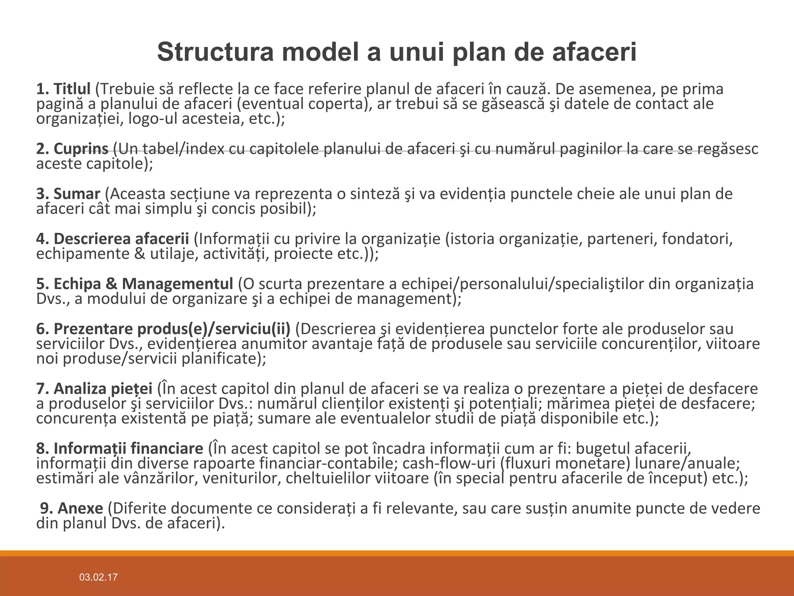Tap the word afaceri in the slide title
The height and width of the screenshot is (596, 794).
(x=594, y=52)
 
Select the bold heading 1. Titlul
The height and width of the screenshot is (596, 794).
(x=63, y=89)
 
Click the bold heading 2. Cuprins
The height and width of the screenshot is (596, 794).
(x=72, y=149)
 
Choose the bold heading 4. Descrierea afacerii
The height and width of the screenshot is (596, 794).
(x=112, y=239)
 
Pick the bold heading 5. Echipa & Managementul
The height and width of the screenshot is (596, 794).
(x=135, y=284)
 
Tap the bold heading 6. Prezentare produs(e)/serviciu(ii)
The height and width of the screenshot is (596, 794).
(x=163, y=329)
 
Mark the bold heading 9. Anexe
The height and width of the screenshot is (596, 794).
(x=72, y=509)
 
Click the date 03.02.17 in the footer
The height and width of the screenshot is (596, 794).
(x=98, y=577)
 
